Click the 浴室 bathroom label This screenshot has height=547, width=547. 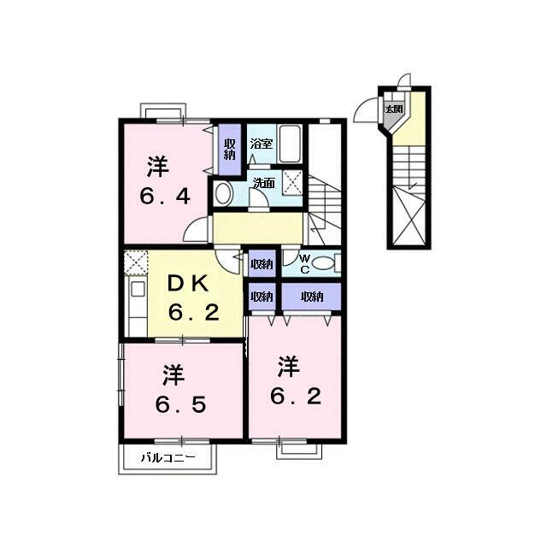pos(262,144)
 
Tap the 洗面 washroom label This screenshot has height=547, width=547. pos(264,183)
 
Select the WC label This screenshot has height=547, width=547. pos(304,264)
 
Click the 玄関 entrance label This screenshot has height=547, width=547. pos(393,109)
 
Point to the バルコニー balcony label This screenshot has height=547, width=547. pos(168,458)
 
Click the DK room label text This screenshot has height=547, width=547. pos(188,284)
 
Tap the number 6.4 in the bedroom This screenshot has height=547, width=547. pos(165,197)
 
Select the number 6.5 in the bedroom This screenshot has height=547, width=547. pos(180,404)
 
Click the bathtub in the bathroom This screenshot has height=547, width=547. pos(291,144)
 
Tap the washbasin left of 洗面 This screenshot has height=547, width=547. pos(223,193)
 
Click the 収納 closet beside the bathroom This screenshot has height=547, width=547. pos(230,150)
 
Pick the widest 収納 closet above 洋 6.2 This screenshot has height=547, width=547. pos(311,297)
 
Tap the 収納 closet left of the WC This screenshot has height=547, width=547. pos(262,264)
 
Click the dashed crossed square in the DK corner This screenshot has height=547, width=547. pos(135,262)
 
